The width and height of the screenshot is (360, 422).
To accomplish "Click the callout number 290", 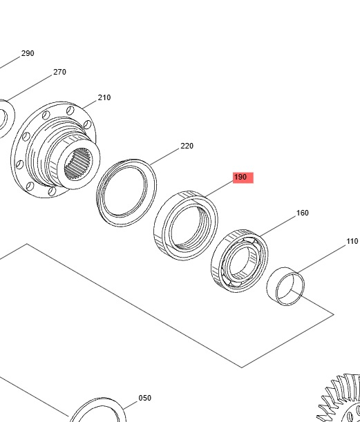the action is [28, 53].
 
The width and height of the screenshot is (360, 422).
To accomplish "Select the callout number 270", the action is [59, 72].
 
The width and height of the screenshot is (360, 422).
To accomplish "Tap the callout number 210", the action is [104, 97].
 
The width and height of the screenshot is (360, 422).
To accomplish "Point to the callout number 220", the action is [187, 146].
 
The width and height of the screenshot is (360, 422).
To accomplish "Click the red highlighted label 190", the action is [243, 178].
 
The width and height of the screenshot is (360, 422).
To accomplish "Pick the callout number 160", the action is [303, 213].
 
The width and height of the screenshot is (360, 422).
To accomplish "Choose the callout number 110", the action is [352, 241].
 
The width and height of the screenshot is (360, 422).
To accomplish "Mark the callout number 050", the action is [145, 398].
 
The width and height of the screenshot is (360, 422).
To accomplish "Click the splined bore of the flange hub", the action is [78, 164].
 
